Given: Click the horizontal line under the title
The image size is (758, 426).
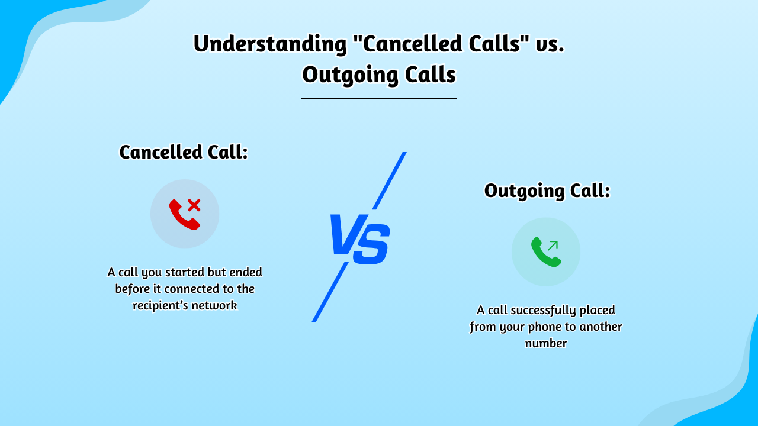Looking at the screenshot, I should pos(379,98).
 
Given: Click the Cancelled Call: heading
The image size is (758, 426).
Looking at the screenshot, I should pos(184,152).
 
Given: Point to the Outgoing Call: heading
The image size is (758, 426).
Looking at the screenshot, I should pos(547,191).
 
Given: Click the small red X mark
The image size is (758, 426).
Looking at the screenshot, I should pos(194,205).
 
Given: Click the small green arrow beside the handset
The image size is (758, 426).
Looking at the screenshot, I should pos(553,245).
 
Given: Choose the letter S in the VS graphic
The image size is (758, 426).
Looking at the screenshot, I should pos(372,244).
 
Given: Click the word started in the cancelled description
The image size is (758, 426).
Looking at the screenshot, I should pos(181,273).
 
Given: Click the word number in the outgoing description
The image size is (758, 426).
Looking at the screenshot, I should pos(546,343).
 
